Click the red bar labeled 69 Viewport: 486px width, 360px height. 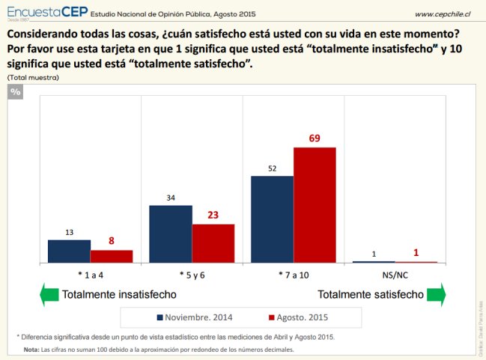[315, 204]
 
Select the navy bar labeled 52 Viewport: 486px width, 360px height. [272, 219]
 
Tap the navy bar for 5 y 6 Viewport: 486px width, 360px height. [171, 234]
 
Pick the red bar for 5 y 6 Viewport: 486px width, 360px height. [213, 243]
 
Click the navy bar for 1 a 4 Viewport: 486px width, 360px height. [69, 251]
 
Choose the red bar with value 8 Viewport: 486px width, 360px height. [112, 256]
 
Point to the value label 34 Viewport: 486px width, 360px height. [171, 198]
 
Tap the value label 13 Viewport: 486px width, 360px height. [69, 233]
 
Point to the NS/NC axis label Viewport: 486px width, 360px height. [395, 274]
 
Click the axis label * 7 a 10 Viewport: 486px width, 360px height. [293, 274]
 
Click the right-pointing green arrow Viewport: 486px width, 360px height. [437, 294]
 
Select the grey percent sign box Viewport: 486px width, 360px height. [15, 91]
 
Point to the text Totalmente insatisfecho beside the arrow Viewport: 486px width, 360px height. [119, 295]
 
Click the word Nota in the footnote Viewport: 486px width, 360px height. [31, 350]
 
